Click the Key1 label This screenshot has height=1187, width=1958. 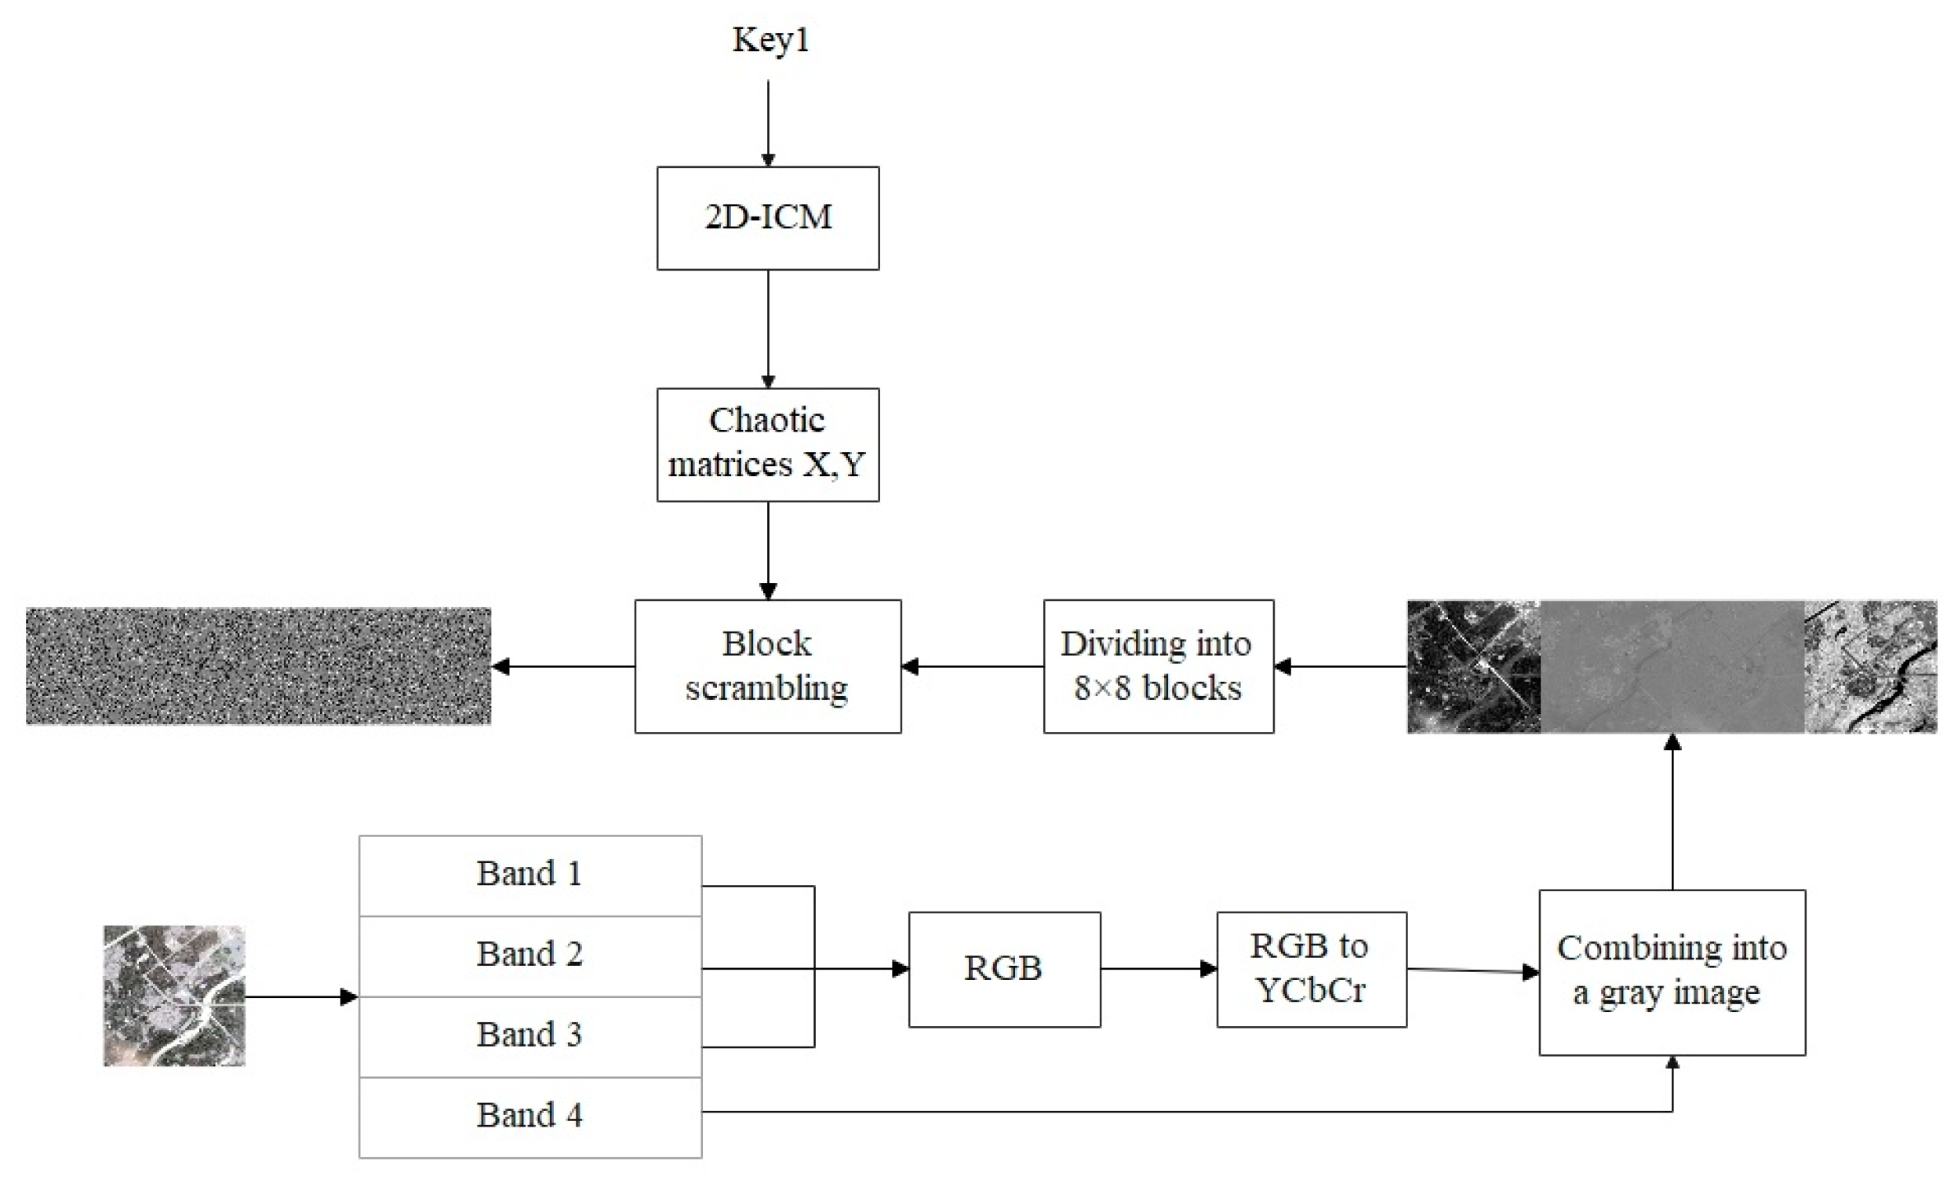pyautogui.click(x=770, y=40)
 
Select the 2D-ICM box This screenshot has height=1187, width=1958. pyautogui.click(x=768, y=217)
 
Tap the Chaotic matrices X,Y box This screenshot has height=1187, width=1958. pyautogui.click(x=768, y=444)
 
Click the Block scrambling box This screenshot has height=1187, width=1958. pyautogui.click(x=768, y=666)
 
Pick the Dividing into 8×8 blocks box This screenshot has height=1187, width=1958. pyautogui.click(x=1158, y=666)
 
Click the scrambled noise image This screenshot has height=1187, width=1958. pyautogui.click(x=258, y=666)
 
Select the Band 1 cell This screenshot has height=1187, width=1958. pyautogui.click(x=530, y=875)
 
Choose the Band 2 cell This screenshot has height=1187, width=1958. pyautogui.click(x=530, y=955)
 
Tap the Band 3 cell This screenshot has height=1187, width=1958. pyautogui.click(x=530, y=1036)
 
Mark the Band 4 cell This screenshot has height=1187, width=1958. pyautogui.click(x=530, y=1116)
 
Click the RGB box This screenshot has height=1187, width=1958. pyautogui.click(x=1003, y=969)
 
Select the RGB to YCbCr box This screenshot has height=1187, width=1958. pyautogui.click(x=1311, y=969)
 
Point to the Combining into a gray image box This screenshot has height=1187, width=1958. pyautogui.click(x=1671, y=971)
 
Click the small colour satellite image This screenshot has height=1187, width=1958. pyautogui.click(x=174, y=995)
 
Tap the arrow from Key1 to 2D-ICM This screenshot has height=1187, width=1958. pyautogui.click(x=768, y=123)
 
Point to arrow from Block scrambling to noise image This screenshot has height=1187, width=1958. pyautogui.click(x=564, y=666)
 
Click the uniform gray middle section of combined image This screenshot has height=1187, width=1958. pyautogui.click(x=1671, y=666)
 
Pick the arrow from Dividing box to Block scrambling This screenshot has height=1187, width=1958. pyautogui.click(x=973, y=666)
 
